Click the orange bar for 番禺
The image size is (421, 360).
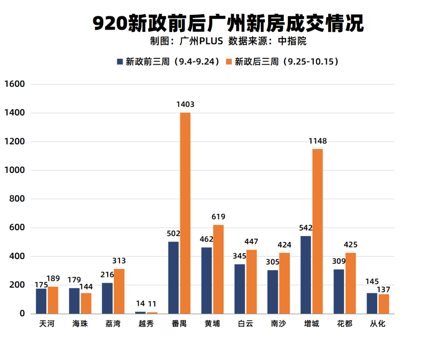(185, 213)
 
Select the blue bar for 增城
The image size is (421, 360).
(306, 275)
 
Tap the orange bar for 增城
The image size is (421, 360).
(318, 231)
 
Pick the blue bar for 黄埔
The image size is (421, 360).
(207, 281)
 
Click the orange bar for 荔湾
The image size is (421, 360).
(119, 291)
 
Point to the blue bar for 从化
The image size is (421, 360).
(372, 303)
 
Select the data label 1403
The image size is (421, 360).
(185, 104)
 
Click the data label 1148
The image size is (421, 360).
(318, 141)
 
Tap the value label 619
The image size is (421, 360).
(218, 217)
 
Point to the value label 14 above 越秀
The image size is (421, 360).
(140, 304)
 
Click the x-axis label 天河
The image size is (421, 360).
(47, 324)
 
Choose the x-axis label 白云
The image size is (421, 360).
(246, 324)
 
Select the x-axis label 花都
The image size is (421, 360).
(345, 324)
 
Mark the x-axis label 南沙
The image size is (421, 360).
(279, 324)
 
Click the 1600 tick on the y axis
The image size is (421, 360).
(14, 84)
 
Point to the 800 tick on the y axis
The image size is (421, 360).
(17, 199)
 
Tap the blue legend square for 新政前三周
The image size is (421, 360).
(120, 62)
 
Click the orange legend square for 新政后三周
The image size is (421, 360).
(229, 62)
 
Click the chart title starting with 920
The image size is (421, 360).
(228, 24)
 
